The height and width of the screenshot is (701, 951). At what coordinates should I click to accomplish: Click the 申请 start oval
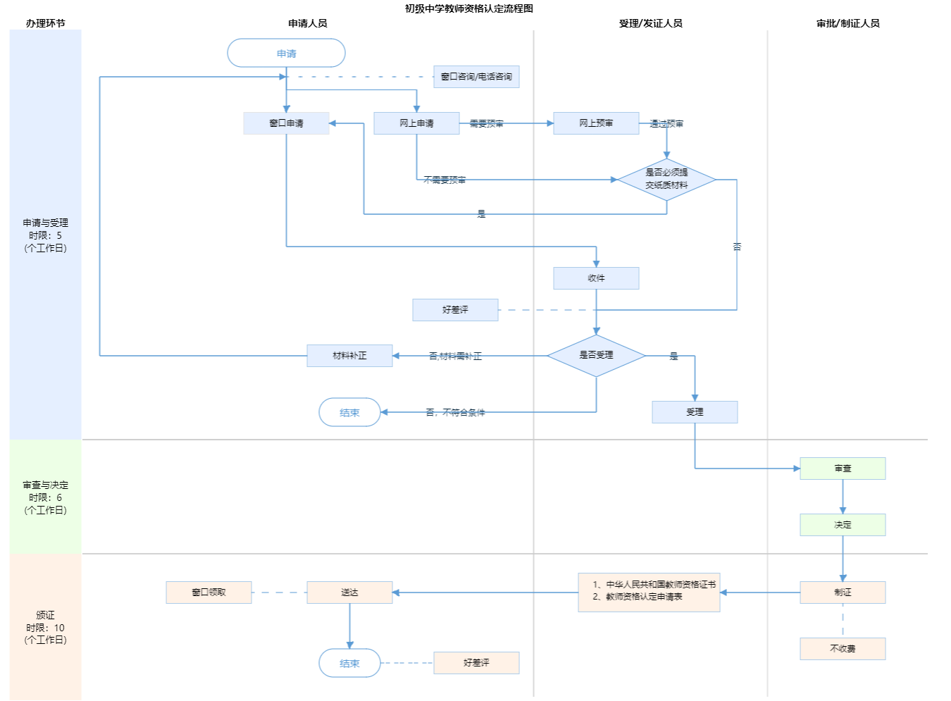(x=286, y=54)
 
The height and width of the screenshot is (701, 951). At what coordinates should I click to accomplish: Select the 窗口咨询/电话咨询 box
(x=476, y=77)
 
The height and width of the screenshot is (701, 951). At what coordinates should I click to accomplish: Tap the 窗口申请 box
(x=286, y=123)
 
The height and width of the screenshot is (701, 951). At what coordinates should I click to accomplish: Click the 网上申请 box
(x=416, y=123)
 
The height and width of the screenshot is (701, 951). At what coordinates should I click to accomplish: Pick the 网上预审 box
(x=596, y=123)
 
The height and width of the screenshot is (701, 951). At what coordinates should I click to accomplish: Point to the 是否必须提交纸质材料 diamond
(x=666, y=180)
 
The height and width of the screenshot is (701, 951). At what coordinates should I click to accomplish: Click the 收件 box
(x=596, y=278)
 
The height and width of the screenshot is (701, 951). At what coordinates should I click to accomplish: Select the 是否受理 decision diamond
(x=596, y=356)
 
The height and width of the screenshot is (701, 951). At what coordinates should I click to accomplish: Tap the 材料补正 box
(x=349, y=356)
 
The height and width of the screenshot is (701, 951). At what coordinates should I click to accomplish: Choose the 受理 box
(x=695, y=412)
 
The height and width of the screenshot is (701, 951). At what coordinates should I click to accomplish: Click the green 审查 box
(x=843, y=469)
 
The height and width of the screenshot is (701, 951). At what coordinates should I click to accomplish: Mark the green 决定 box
(x=843, y=525)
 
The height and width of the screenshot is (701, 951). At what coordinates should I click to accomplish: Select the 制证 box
(x=843, y=593)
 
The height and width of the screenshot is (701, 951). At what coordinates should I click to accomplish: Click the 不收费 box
(x=843, y=649)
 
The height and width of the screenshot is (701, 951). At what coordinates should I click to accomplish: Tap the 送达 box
(x=349, y=593)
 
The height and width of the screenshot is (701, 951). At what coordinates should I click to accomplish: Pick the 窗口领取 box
(x=209, y=593)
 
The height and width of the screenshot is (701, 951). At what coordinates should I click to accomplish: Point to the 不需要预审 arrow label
(x=445, y=180)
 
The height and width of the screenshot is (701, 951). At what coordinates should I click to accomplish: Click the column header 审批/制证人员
(x=847, y=23)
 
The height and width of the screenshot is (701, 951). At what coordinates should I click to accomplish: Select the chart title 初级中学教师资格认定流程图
(x=468, y=8)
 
